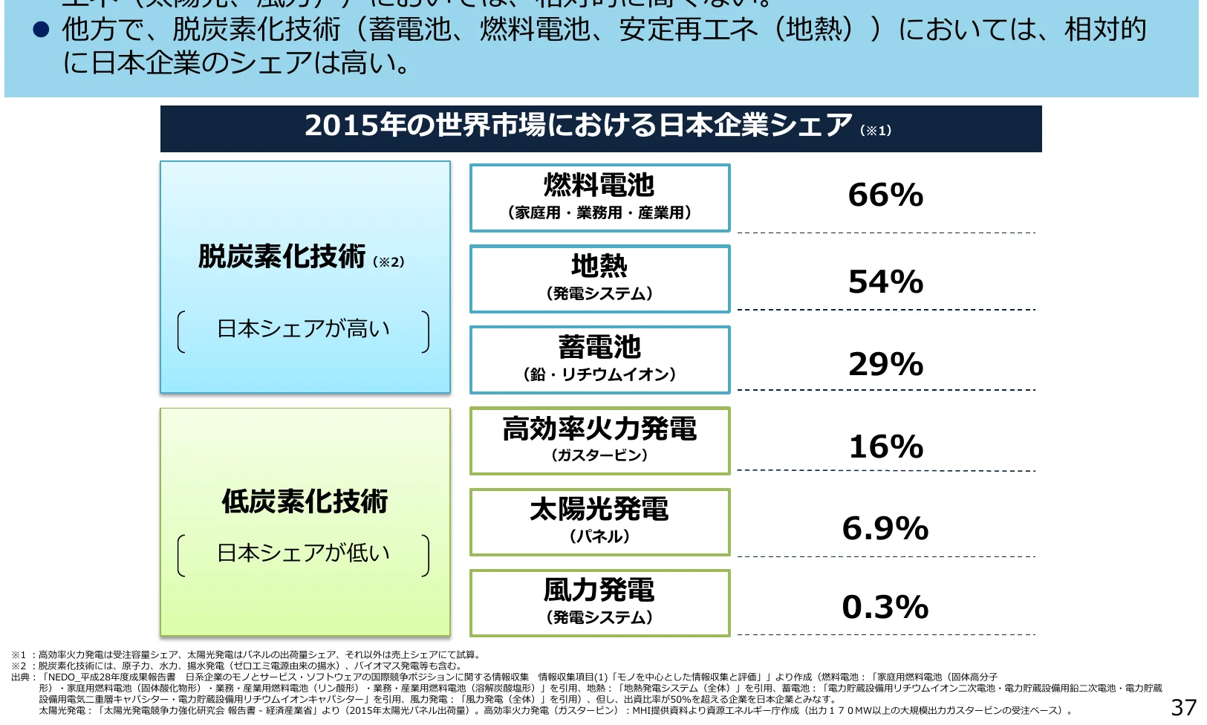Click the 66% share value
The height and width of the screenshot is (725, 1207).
click(885, 195)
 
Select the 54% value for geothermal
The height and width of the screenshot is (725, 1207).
click(885, 282)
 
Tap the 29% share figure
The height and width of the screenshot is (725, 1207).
click(885, 364)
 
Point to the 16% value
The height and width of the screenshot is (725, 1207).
click(885, 446)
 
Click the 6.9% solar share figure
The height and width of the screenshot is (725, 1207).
click(885, 528)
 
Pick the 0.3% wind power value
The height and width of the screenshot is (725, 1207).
click(885, 607)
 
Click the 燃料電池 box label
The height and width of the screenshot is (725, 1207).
click(599, 184)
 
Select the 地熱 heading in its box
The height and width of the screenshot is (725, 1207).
click(599, 265)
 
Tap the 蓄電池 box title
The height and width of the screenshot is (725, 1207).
click(599, 346)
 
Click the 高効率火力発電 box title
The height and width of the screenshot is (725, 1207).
click(599, 429)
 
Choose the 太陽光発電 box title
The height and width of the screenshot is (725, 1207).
click(599, 509)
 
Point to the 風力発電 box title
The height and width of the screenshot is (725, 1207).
click(599, 590)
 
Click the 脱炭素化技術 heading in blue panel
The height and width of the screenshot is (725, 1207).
click(282, 256)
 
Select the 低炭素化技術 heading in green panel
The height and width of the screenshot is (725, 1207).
click(305, 501)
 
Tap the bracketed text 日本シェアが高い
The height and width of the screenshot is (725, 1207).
click(303, 328)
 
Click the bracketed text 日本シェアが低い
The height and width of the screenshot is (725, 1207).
click(303, 553)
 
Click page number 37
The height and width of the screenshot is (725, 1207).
click(1183, 708)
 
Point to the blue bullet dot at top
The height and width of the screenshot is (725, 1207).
click(41, 30)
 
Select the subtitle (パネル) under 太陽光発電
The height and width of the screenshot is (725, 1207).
click(599, 536)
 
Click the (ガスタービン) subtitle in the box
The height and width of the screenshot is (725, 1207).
click(599, 455)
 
